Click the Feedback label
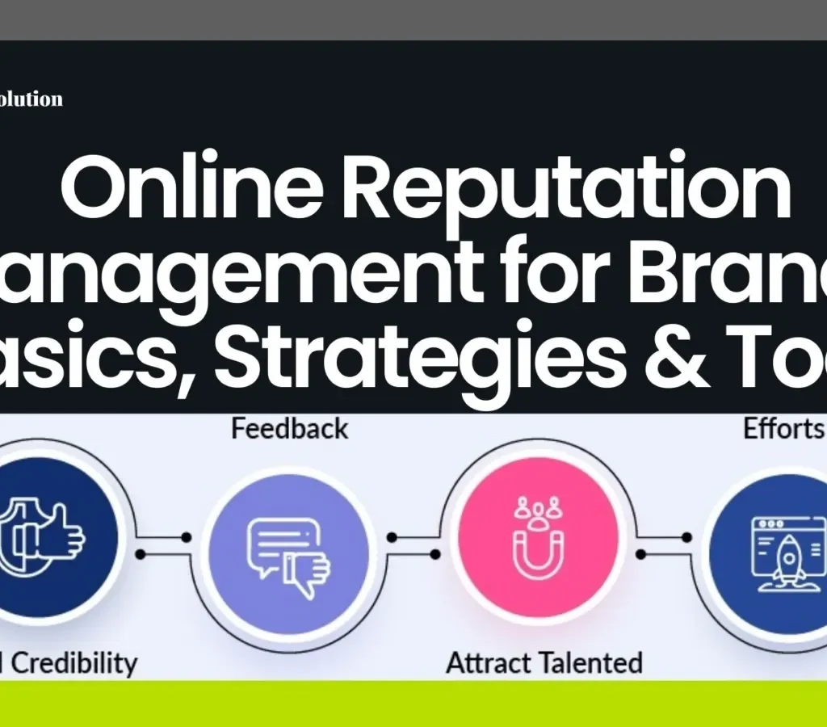[290, 428]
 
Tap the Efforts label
[783, 429]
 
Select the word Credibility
[77, 663]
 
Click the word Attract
[494, 663]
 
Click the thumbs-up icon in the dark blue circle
[48, 537]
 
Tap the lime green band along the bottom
[413, 703]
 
